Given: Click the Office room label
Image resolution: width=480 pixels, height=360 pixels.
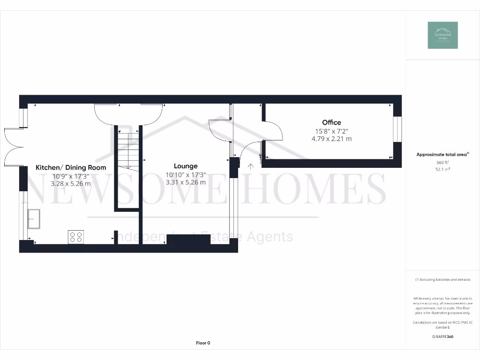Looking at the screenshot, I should tap(331, 122).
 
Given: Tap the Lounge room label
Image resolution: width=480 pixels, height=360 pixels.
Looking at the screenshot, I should tap(186, 166).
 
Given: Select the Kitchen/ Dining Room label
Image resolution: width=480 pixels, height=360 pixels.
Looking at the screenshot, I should tap(71, 167).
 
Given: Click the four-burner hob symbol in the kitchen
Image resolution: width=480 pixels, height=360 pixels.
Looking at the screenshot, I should tap(76, 237).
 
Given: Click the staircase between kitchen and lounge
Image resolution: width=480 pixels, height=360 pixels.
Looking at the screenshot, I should tap(128, 150).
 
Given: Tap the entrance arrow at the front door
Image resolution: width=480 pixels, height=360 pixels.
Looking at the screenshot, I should tap(251, 165).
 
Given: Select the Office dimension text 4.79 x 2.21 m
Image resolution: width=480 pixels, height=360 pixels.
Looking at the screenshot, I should tap(331, 139).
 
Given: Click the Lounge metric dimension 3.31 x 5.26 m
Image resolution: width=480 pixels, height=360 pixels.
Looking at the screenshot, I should tap(186, 182).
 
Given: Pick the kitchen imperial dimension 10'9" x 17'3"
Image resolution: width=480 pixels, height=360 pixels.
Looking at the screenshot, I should tap(71, 176).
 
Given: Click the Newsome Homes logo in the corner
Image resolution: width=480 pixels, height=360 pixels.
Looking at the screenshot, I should tap(442, 35).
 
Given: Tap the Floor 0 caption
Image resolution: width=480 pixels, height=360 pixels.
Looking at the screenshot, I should tap(203, 343).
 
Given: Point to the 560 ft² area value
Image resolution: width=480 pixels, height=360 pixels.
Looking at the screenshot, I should tap(442, 162).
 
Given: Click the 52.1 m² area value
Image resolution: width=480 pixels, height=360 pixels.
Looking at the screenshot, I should tap(442, 169).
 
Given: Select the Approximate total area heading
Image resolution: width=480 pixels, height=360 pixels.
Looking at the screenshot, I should tap(442, 154).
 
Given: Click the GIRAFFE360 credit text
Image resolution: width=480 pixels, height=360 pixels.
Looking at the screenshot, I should tap(442, 337).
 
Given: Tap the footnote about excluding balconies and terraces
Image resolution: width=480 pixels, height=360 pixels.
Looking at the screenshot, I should tap(442, 280).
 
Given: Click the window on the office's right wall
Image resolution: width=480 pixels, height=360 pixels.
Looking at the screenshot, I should tap(397, 129).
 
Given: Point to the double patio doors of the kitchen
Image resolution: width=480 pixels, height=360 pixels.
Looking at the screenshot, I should tap(13, 146).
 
